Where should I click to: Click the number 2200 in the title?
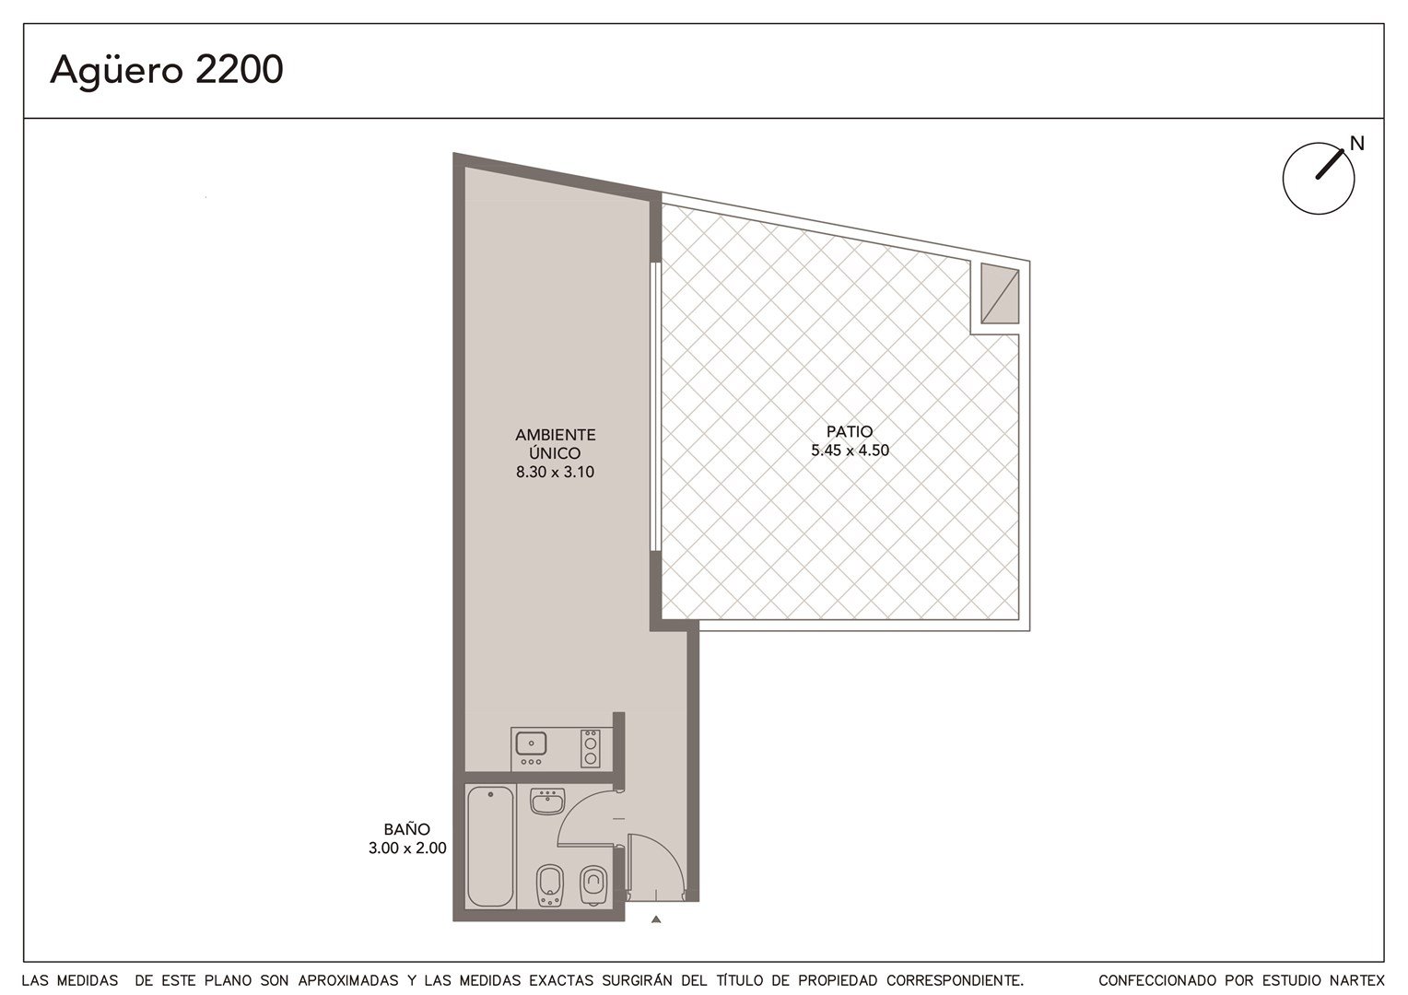click(x=239, y=69)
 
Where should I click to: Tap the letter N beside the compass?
click(x=1357, y=144)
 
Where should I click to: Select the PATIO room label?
click(x=850, y=432)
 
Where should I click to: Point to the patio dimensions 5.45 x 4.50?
click(x=850, y=450)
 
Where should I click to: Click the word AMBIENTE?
click(x=555, y=435)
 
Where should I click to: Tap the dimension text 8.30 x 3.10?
click(x=555, y=472)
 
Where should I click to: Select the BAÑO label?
click(x=406, y=828)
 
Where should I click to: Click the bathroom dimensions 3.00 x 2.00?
click(x=407, y=848)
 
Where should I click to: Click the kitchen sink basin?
click(x=531, y=743)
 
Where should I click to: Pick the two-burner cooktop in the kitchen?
click(x=591, y=748)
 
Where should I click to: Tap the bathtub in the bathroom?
click(x=490, y=847)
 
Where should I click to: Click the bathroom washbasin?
click(x=547, y=802)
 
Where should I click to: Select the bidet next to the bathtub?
click(x=549, y=887)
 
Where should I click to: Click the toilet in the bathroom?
click(x=593, y=886)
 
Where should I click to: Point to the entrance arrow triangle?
click(x=656, y=919)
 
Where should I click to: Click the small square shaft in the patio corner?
click(x=1000, y=294)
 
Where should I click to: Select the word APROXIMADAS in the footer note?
click(x=348, y=980)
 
